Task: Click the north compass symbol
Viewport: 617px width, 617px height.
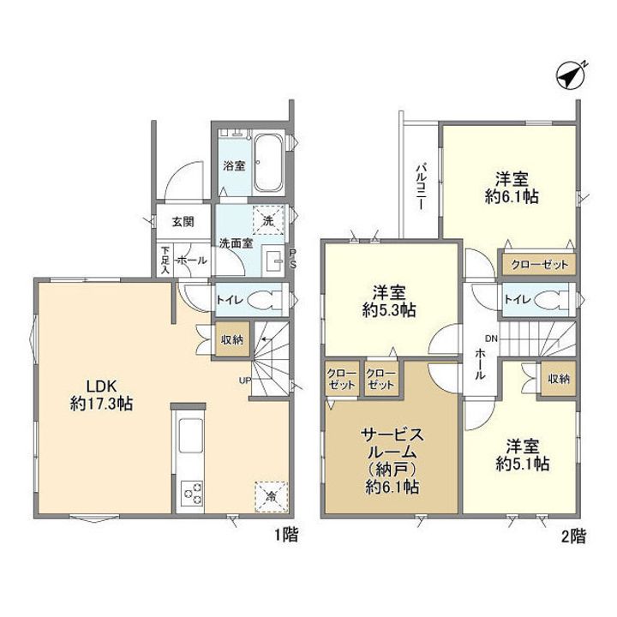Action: (570, 76)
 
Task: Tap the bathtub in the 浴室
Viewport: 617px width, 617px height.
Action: (268, 163)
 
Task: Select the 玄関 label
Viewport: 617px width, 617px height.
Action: (183, 222)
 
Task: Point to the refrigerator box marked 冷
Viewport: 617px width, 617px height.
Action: (271, 496)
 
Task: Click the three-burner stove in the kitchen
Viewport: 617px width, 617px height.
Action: (192, 494)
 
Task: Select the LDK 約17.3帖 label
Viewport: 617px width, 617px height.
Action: (101, 395)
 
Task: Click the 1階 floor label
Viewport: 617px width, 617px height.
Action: (286, 535)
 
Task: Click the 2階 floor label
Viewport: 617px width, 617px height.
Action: (573, 536)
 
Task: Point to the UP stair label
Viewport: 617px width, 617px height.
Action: (244, 380)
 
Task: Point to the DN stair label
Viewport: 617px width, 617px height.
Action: (491, 338)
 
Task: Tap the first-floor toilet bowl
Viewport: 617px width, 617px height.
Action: (265, 299)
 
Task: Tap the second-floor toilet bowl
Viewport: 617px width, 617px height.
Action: (552, 299)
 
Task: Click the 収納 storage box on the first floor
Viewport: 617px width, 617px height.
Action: (232, 339)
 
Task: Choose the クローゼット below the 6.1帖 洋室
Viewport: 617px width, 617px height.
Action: (540, 265)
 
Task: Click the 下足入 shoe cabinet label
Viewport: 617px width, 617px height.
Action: (165, 260)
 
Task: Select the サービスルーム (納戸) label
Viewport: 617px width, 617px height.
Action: (392, 460)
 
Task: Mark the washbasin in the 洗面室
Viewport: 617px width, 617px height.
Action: (273, 259)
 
